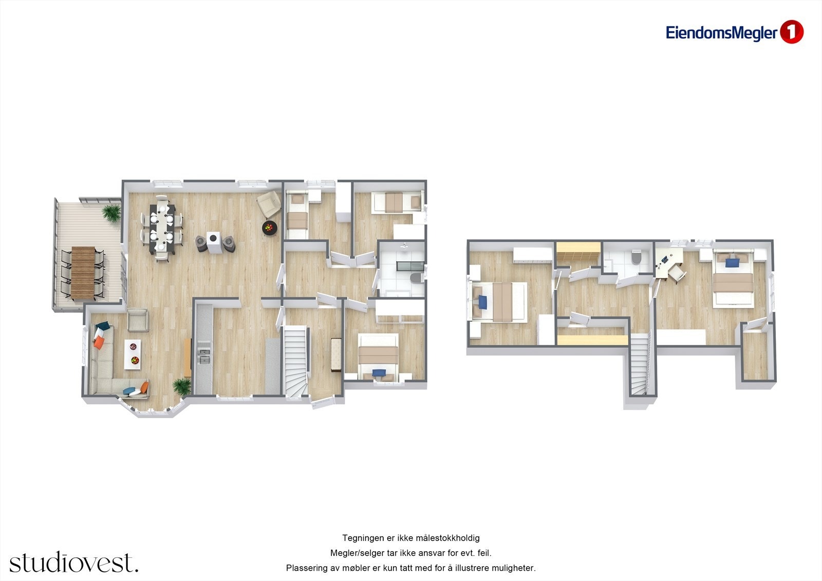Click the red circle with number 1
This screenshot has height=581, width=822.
pyautogui.click(x=792, y=32)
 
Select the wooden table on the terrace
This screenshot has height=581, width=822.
pyautogui.click(x=83, y=273)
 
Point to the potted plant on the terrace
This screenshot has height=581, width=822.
pyautogui.click(x=111, y=212)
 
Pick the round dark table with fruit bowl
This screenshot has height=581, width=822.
pyautogui.click(x=269, y=227)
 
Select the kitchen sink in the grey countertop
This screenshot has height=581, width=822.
pyautogui.click(x=204, y=355)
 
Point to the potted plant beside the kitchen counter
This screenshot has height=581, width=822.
pyautogui.click(x=181, y=386)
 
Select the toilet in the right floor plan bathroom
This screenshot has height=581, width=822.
pyautogui.click(x=637, y=256)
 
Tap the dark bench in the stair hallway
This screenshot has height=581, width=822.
pyautogui.click(x=337, y=354)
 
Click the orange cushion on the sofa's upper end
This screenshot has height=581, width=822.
pyautogui.click(x=98, y=342)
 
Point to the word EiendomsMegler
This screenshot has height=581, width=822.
pyautogui.click(x=721, y=33)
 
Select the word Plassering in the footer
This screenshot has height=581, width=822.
pyautogui.click(x=306, y=568)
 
